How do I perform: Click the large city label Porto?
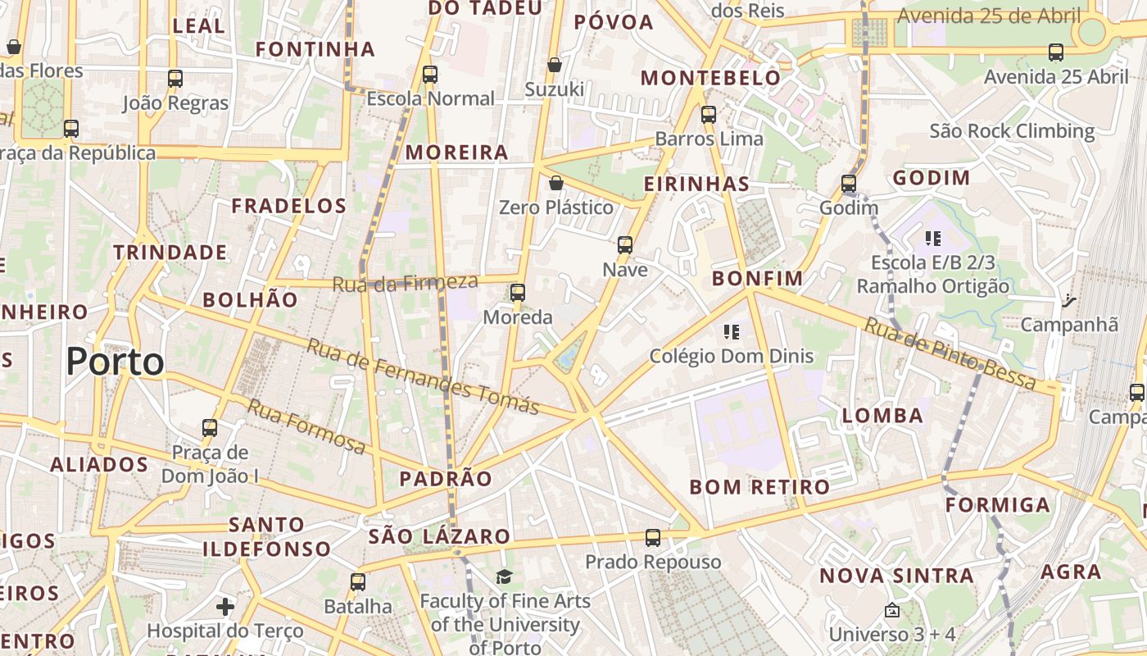click(x=115, y=362)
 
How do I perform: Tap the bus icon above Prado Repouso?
click(x=652, y=538)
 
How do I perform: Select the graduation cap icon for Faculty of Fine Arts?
click(x=505, y=577)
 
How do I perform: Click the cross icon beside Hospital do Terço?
click(x=225, y=607)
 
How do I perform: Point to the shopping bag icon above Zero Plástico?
click(x=556, y=182)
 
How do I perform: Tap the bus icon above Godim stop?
click(x=849, y=184)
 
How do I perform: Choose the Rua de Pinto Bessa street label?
click(x=950, y=354)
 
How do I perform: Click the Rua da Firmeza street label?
click(x=405, y=283)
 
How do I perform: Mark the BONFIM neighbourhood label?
click(x=758, y=279)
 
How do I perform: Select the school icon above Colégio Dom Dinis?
click(x=732, y=332)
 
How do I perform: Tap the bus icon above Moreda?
click(x=518, y=293)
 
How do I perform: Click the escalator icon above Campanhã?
click(x=1068, y=300)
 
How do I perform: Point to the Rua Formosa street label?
click(x=306, y=426)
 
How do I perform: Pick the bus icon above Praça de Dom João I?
click(x=210, y=427)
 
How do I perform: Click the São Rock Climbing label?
click(x=1012, y=131)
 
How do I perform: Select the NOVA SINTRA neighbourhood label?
click(x=896, y=576)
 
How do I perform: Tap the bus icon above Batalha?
click(x=358, y=582)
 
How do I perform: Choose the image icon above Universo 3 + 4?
click(x=892, y=611)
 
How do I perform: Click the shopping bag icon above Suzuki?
click(x=555, y=65)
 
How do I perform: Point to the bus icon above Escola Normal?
click(x=430, y=75)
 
